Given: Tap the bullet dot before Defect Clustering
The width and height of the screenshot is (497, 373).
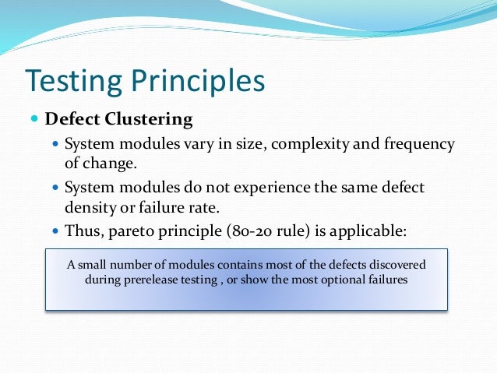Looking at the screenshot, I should pos(33,120).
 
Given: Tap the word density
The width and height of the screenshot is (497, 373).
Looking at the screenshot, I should pos(88,208).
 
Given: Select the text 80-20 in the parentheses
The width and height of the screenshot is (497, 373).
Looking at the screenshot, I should pos(237,232).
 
